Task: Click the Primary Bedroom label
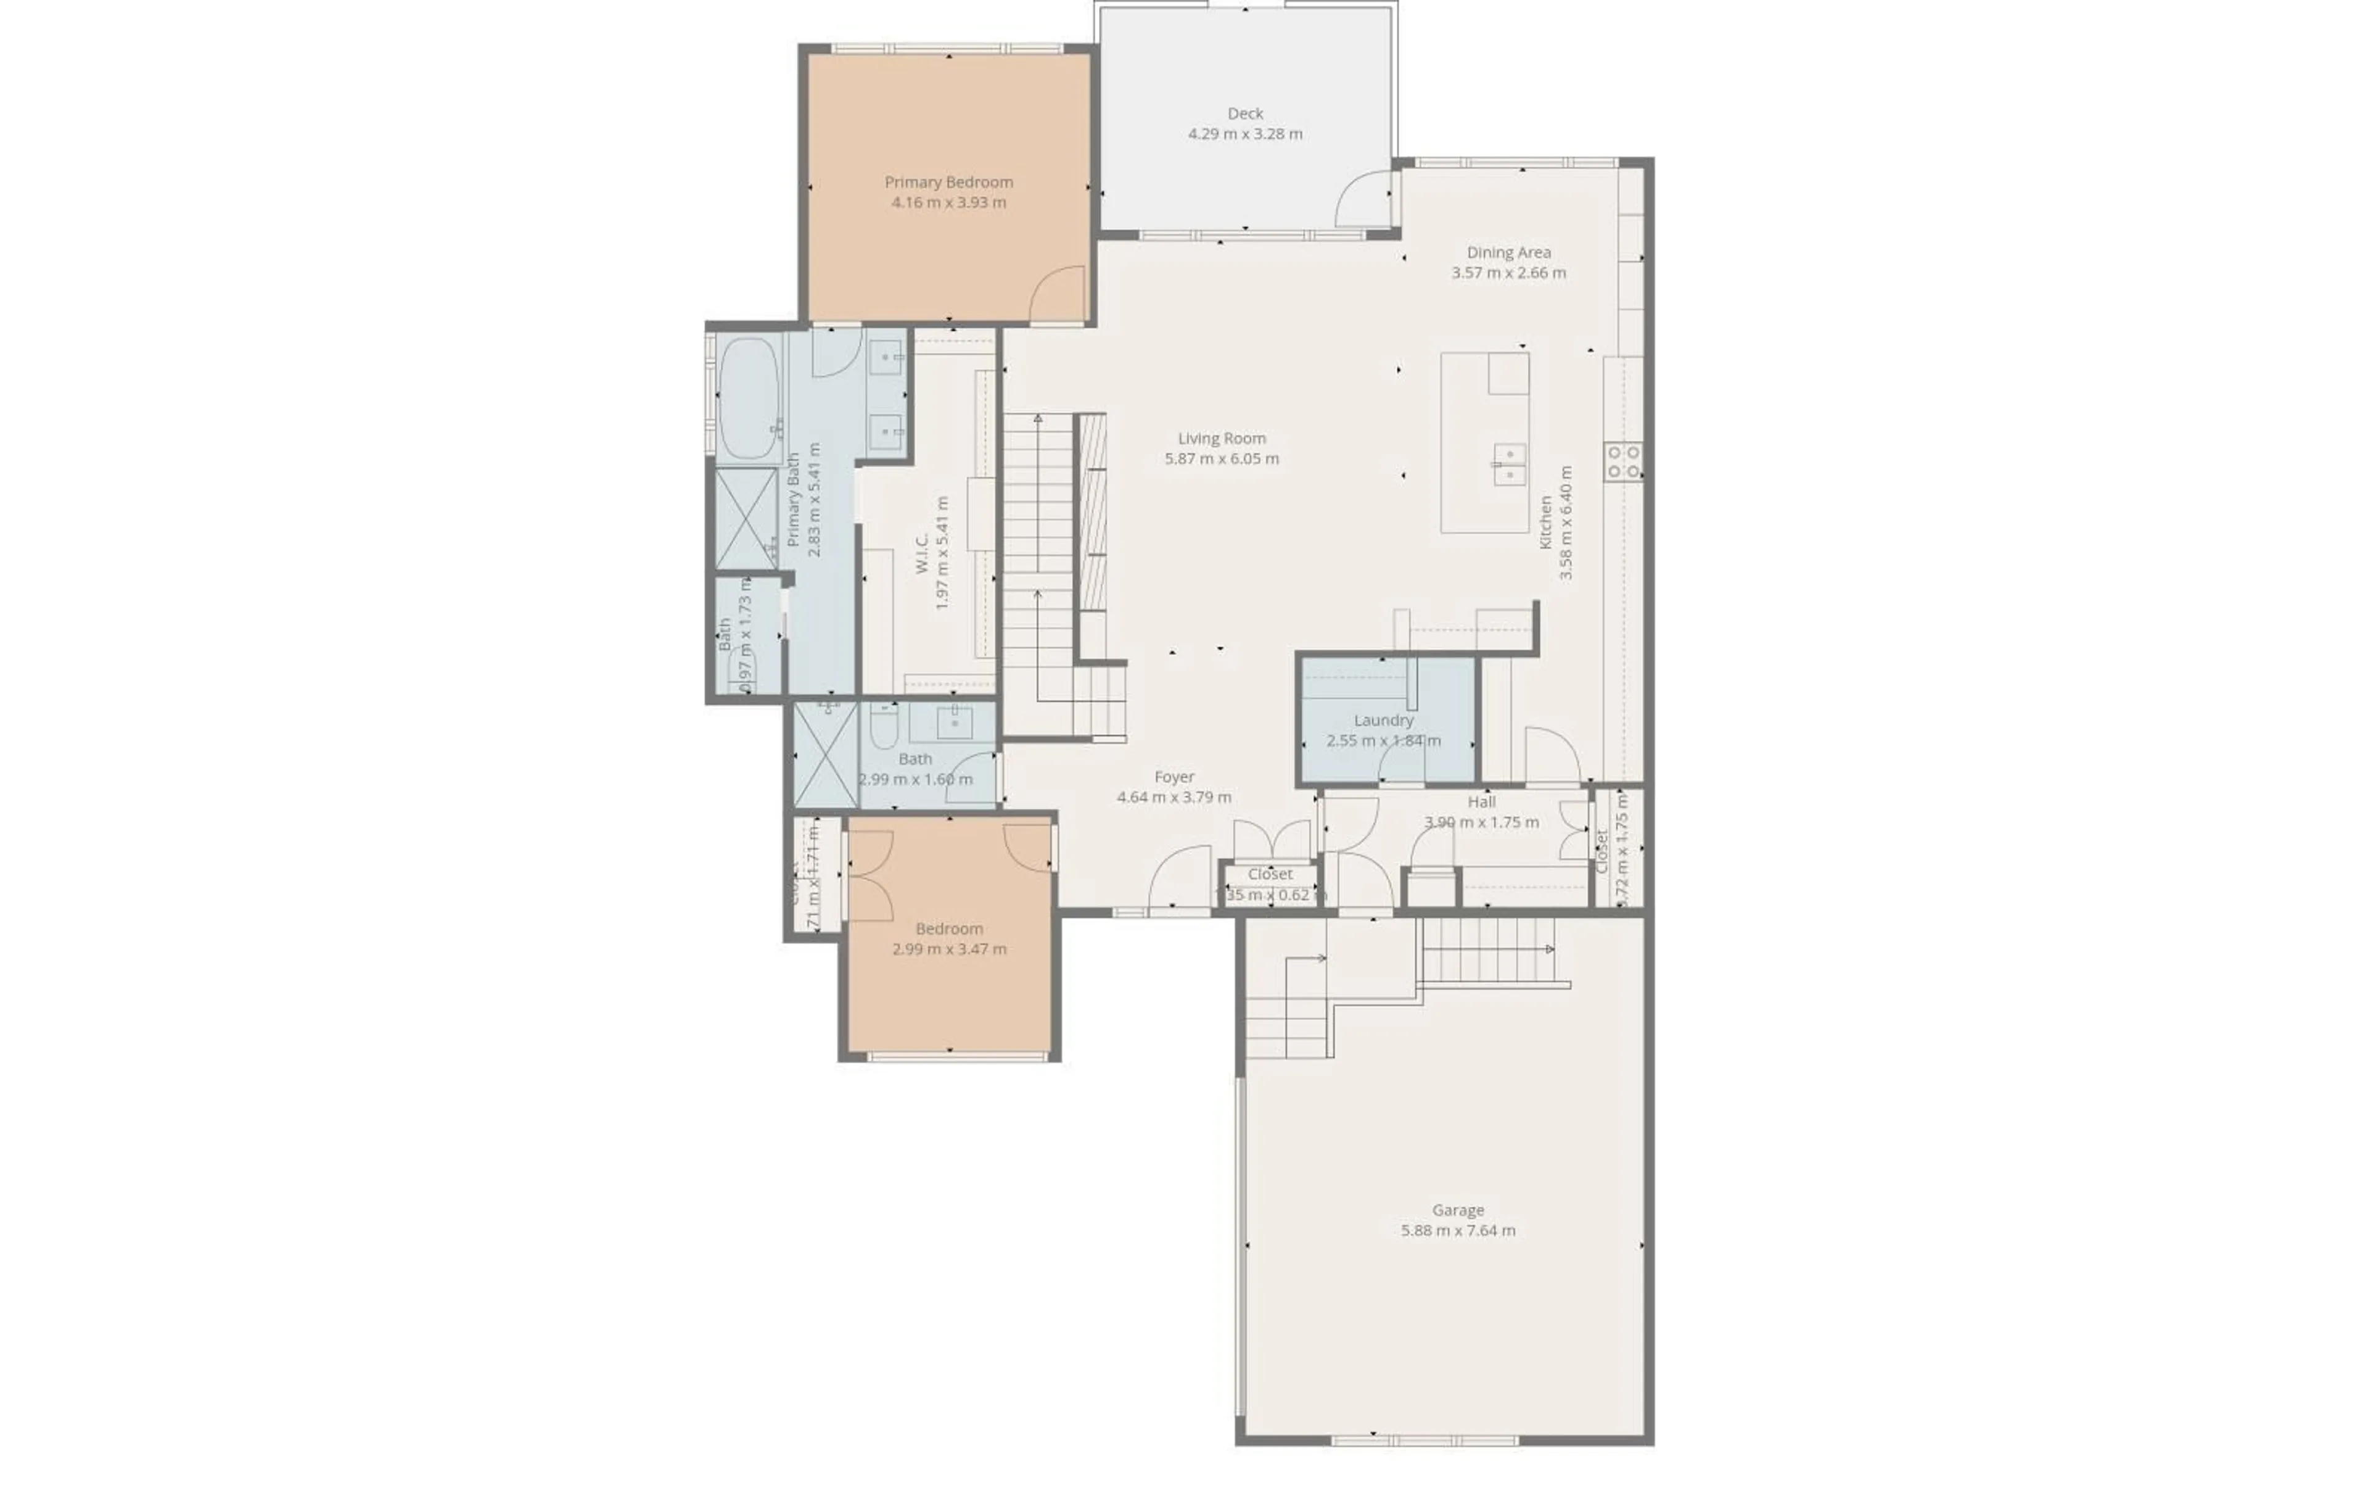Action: [x=948, y=182]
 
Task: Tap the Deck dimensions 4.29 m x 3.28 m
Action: [x=1245, y=134]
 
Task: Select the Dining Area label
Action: [x=1508, y=253]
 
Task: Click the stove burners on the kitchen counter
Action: [x=1622, y=461]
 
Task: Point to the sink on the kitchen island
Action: [x=1510, y=464]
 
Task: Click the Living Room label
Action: [x=1222, y=439]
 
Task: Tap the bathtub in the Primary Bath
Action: [x=749, y=399]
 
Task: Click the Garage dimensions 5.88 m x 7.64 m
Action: [x=1457, y=1230]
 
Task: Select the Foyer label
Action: [x=1174, y=777]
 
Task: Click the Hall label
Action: [x=1481, y=801]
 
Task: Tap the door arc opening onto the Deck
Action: [x=1362, y=200]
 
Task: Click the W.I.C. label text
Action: [x=923, y=554]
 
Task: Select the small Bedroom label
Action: [x=949, y=928]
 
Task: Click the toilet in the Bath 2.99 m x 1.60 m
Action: [x=883, y=726]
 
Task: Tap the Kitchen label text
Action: [x=1546, y=523]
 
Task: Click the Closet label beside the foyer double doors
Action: [x=1270, y=874]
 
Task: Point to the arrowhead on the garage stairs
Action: [x=1550, y=949]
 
